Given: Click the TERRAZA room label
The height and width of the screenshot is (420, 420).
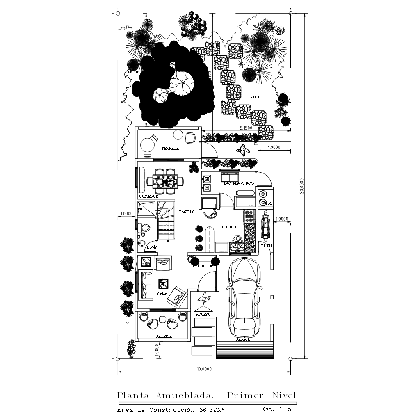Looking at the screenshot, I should (170, 148).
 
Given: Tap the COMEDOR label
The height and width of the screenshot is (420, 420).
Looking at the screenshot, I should (148, 196).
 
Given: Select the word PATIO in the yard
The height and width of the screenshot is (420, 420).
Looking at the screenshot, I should (255, 97).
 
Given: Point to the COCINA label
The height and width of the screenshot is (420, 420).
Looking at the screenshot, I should (229, 227).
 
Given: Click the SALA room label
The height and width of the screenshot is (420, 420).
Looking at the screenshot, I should (161, 294).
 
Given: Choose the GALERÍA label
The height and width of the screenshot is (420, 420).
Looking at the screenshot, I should (164, 336).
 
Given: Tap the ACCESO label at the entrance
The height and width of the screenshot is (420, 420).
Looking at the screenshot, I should (203, 314).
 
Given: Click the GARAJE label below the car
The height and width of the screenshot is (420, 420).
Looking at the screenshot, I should (243, 340).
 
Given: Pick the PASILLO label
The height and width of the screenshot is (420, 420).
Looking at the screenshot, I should (187, 212).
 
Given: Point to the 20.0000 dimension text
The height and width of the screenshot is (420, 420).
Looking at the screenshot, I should (301, 186).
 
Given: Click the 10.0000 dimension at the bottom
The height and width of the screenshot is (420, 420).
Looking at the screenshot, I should (204, 369).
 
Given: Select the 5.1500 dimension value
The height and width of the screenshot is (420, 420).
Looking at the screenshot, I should (245, 128).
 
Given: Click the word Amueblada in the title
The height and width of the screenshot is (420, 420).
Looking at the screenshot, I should (187, 396).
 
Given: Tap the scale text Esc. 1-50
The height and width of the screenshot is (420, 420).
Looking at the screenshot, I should (278, 409).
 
